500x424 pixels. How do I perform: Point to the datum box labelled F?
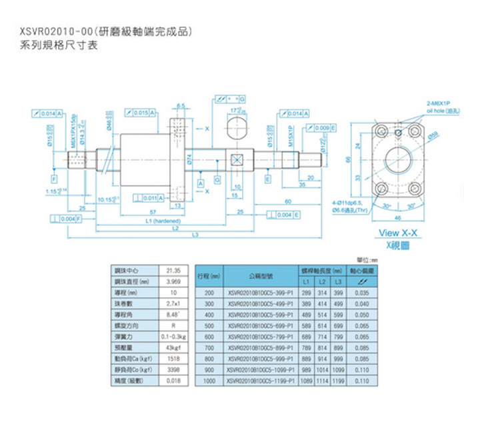53,179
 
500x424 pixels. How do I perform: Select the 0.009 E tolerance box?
323,127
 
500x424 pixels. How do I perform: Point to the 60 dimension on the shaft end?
287,200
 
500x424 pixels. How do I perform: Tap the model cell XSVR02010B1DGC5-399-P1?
259,293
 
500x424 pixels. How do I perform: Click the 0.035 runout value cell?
363,293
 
